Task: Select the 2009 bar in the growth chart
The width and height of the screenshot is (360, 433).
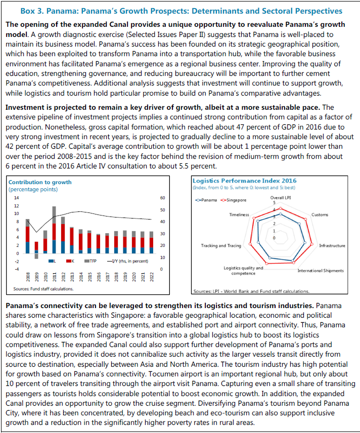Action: click(x=36, y=248)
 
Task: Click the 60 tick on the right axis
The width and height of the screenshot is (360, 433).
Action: click(x=163, y=198)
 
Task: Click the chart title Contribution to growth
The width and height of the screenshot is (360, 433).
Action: click(x=40, y=182)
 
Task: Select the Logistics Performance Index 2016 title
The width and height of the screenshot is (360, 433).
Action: click(x=245, y=181)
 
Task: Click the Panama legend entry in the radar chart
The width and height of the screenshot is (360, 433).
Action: click(x=207, y=200)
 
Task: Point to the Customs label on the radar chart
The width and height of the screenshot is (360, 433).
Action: click(x=320, y=215)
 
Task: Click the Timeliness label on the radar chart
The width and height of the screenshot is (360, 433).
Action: click(x=239, y=215)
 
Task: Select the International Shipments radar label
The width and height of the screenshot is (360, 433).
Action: click(x=321, y=271)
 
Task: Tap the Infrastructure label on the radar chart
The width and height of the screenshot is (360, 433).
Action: click(x=332, y=246)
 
